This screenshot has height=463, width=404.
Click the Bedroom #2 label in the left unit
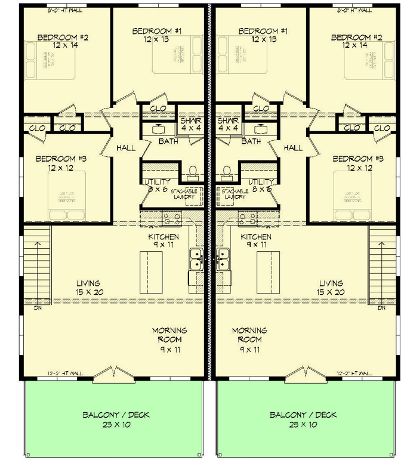(x=63, y=37)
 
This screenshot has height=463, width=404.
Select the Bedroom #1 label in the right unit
(x=263, y=30)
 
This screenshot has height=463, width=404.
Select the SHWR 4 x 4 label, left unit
(x=191, y=124)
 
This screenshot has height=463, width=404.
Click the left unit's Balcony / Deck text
(x=116, y=415)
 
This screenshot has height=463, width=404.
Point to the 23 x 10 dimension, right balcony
(x=303, y=425)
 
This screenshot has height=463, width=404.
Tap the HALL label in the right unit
(x=293, y=147)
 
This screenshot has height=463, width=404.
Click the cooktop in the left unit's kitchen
(x=172, y=219)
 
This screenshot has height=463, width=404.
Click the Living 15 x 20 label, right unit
(x=331, y=288)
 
